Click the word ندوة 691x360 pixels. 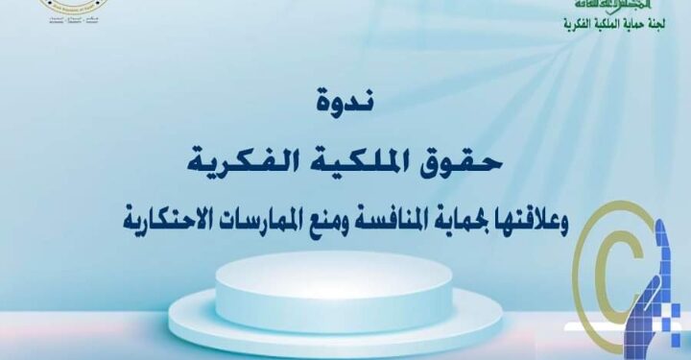point(345,98)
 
